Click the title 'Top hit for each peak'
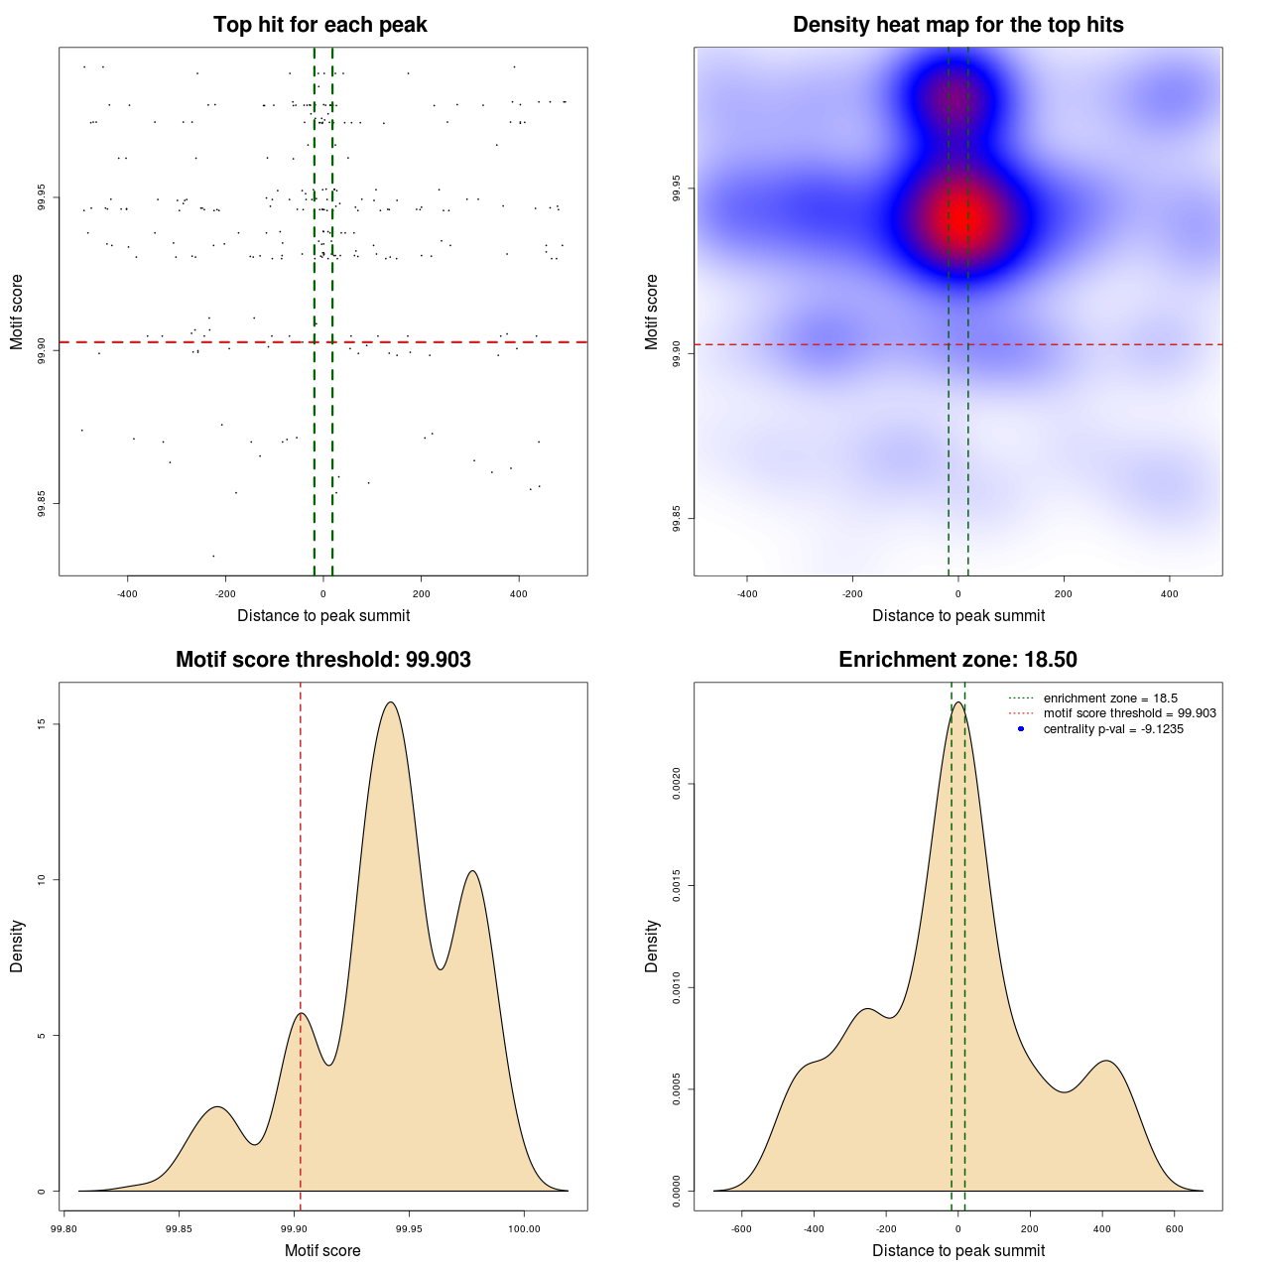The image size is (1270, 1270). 319,25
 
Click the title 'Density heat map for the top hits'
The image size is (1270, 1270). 957,25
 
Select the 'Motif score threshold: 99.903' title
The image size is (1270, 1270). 322,660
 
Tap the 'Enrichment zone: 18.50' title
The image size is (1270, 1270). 957,660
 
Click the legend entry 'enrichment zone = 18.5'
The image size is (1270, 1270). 1109,698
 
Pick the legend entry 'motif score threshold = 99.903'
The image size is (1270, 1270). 1129,713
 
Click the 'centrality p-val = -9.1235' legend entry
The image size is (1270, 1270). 1112,729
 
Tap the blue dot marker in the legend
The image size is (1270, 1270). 1021,729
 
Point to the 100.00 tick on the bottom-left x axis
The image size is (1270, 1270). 524,1229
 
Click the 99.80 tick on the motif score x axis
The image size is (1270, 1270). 63,1229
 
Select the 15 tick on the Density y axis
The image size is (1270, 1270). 42,724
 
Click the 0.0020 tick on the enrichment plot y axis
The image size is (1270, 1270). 677,784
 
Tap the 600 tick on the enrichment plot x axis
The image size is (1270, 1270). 1175,1229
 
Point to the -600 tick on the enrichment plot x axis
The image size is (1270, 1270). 741,1229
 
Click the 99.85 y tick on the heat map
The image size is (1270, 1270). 677,518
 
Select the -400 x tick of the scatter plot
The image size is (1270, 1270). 127,594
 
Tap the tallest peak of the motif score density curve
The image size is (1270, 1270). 391,702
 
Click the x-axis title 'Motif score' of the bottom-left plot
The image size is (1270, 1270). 322,1250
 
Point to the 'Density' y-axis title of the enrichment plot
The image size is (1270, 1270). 652,946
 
